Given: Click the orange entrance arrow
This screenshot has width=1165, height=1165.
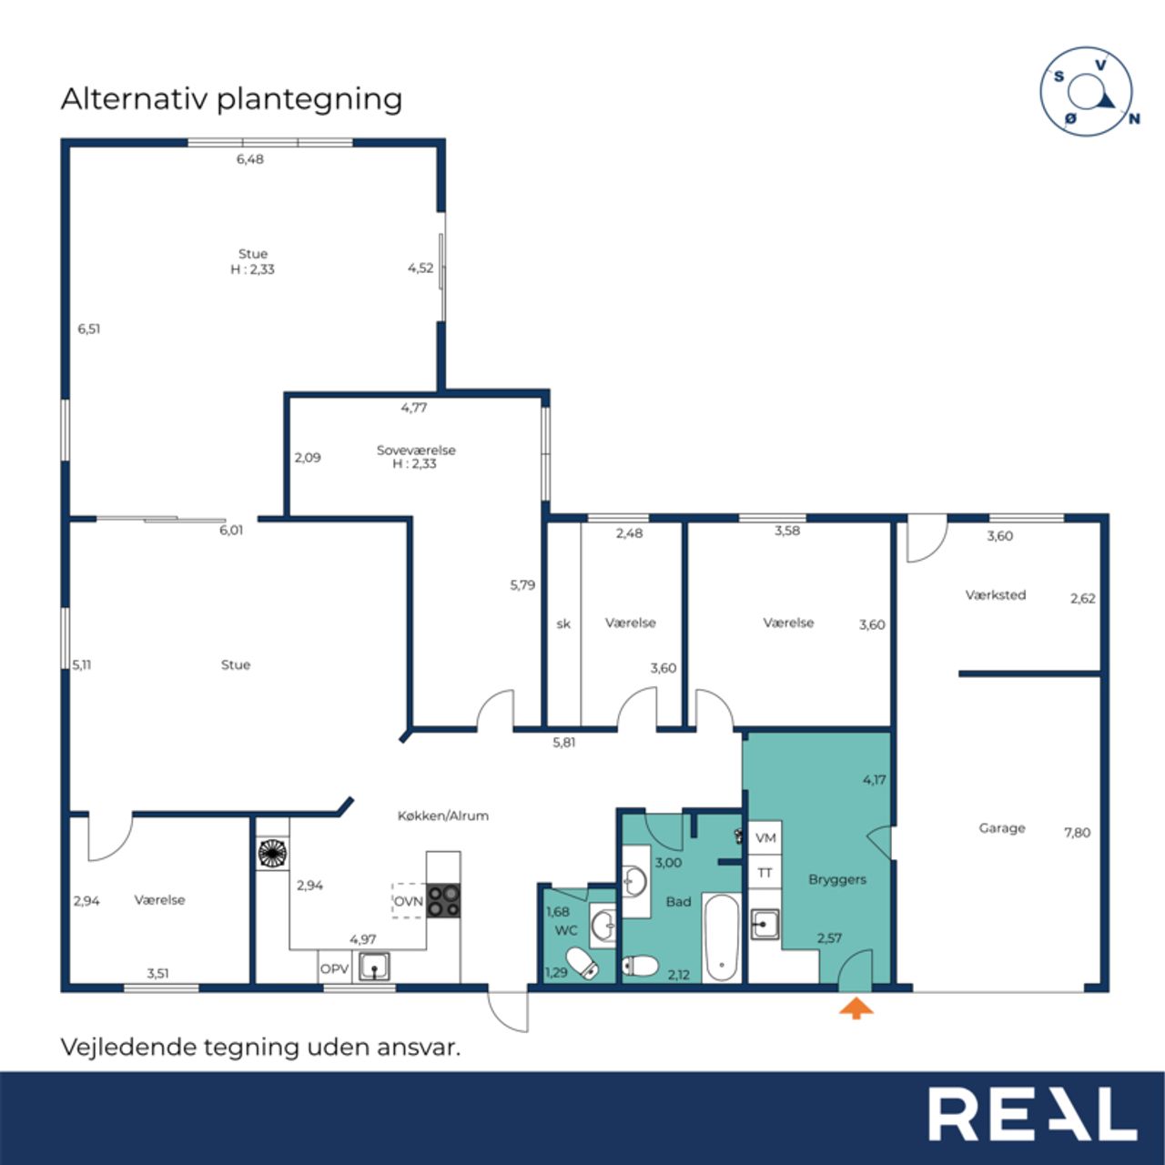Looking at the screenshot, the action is [x=856, y=1008].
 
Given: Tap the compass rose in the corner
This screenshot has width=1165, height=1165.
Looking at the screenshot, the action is [x=1087, y=92].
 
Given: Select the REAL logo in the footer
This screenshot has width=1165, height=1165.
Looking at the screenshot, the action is [x=1032, y=1114].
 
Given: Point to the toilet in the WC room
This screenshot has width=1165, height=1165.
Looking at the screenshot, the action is [x=582, y=961].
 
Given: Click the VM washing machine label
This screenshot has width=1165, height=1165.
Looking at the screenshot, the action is [x=765, y=838].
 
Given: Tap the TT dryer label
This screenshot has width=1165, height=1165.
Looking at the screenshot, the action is [x=765, y=873].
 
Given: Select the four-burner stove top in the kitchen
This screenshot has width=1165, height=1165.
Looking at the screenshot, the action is [x=444, y=901].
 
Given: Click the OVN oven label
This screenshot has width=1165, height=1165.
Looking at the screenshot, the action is [x=408, y=902].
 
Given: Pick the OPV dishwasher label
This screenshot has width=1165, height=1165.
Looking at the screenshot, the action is [x=334, y=969].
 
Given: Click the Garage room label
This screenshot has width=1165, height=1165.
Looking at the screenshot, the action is [x=1002, y=828].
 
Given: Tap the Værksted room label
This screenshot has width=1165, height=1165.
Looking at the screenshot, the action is [x=995, y=595].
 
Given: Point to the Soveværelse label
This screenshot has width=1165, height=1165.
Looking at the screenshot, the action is [x=416, y=450].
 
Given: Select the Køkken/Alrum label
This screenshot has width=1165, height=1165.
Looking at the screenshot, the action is [x=442, y=815].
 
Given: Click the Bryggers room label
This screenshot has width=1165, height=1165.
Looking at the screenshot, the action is [x=837, y=879].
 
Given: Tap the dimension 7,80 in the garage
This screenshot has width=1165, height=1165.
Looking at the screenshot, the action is [x=1078, y=833].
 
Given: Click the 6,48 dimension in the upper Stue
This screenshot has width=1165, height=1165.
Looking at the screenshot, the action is [x=249, y=159].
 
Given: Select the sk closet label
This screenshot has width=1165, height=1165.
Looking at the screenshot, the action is [x=562, y=623].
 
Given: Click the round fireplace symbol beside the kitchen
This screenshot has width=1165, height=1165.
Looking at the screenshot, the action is [x=273, y=853].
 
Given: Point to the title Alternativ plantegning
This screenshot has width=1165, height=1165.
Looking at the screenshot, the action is [x=231, y=99].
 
